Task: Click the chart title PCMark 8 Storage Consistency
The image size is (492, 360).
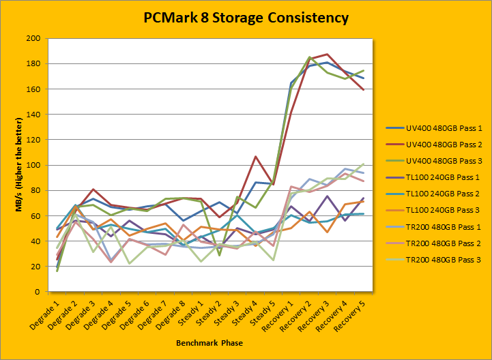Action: (246, 18)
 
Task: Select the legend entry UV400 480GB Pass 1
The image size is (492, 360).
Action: (433, 127)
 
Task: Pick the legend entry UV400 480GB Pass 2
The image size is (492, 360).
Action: (433, 147)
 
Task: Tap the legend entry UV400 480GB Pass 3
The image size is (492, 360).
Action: (433, 165)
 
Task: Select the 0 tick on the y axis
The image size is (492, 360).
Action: (38, 292)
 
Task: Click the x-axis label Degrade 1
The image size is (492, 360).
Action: (45, 314)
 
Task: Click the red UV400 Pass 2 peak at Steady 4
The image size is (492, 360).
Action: (255, 157)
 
